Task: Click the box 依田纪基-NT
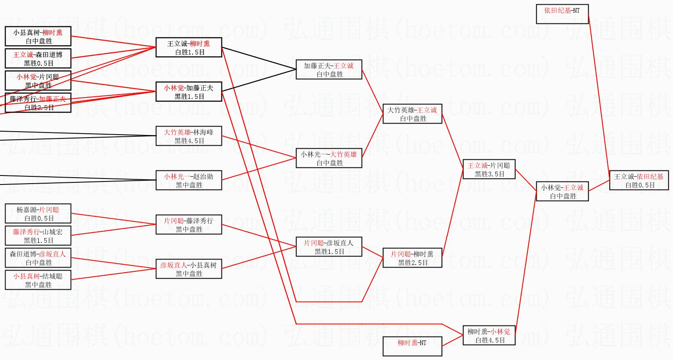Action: click(x=562, y=14)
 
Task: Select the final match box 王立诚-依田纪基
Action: click(x=638, y=181)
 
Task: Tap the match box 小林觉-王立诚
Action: click(x=562, y=192)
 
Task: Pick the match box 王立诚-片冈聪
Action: click(x=489, y=170)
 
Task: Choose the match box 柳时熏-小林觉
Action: click(x=489, y=336)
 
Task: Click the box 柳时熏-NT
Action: click(x=412, y=346)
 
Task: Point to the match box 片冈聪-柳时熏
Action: click(x=412, y=258)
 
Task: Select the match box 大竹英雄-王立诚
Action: click(x=412, y=114)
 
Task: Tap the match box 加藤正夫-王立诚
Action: click(x=328, y=70)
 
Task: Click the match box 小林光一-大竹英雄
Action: click(x=328, y=158)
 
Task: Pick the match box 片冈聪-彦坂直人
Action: click(x=328, y=247)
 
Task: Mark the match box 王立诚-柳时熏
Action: click(x=189, y=48)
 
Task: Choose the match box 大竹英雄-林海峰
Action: click(x=189, y=136)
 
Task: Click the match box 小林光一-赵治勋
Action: click(x=189, y=181)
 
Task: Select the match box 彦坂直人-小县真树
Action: click(x=189, y=269)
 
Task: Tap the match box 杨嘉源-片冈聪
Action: click(x=38, y=214)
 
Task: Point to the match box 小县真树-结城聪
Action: click(x=38, y=280)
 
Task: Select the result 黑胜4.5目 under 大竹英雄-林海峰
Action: click(x=189, y=141)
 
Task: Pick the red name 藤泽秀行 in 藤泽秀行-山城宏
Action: click(x=26, y=232)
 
